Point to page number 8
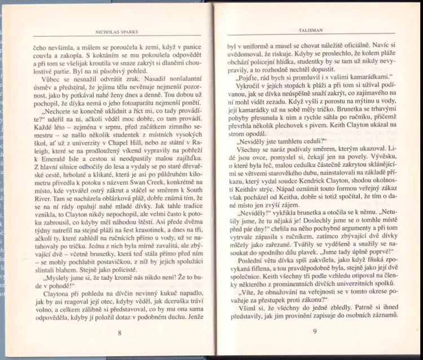[x=119, y=333]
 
